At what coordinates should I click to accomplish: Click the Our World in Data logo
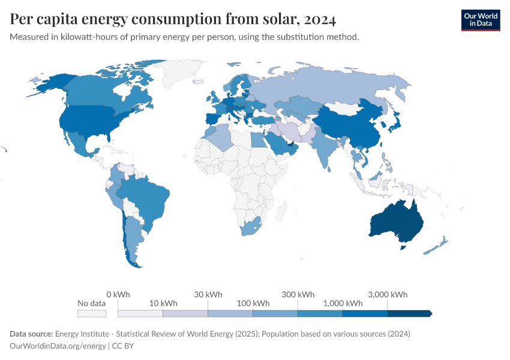click(x=480, y=19)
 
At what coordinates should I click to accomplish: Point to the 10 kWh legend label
click(x=163, y=303)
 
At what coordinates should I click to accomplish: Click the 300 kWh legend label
click(x=298, y=295)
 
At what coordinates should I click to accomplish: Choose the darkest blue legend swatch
click(x=409, y=313)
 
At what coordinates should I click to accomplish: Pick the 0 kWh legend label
click(x=118, y=295)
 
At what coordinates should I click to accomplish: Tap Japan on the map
click(x=395, y=125)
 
